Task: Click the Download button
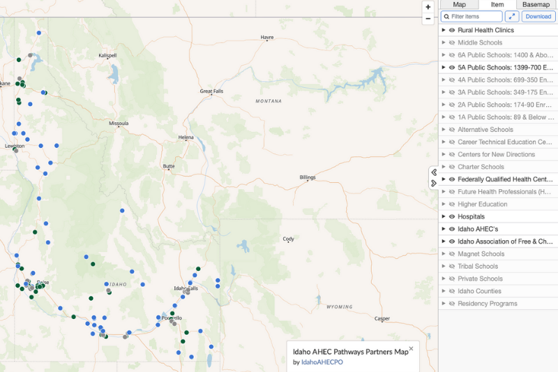538,17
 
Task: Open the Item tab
497,5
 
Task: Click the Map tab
459,5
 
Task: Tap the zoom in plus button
428,7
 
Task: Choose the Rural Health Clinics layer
485,30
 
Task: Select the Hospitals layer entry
471,216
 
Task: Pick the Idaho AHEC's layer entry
478,229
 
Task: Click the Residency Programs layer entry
487,304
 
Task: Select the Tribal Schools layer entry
478,266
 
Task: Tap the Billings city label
308,177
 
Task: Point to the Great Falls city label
211,91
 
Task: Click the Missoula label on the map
119,123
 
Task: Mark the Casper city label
382,318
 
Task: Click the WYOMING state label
339,306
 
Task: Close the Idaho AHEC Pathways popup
411,348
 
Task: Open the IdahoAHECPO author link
322,362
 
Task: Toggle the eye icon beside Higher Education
452,204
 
